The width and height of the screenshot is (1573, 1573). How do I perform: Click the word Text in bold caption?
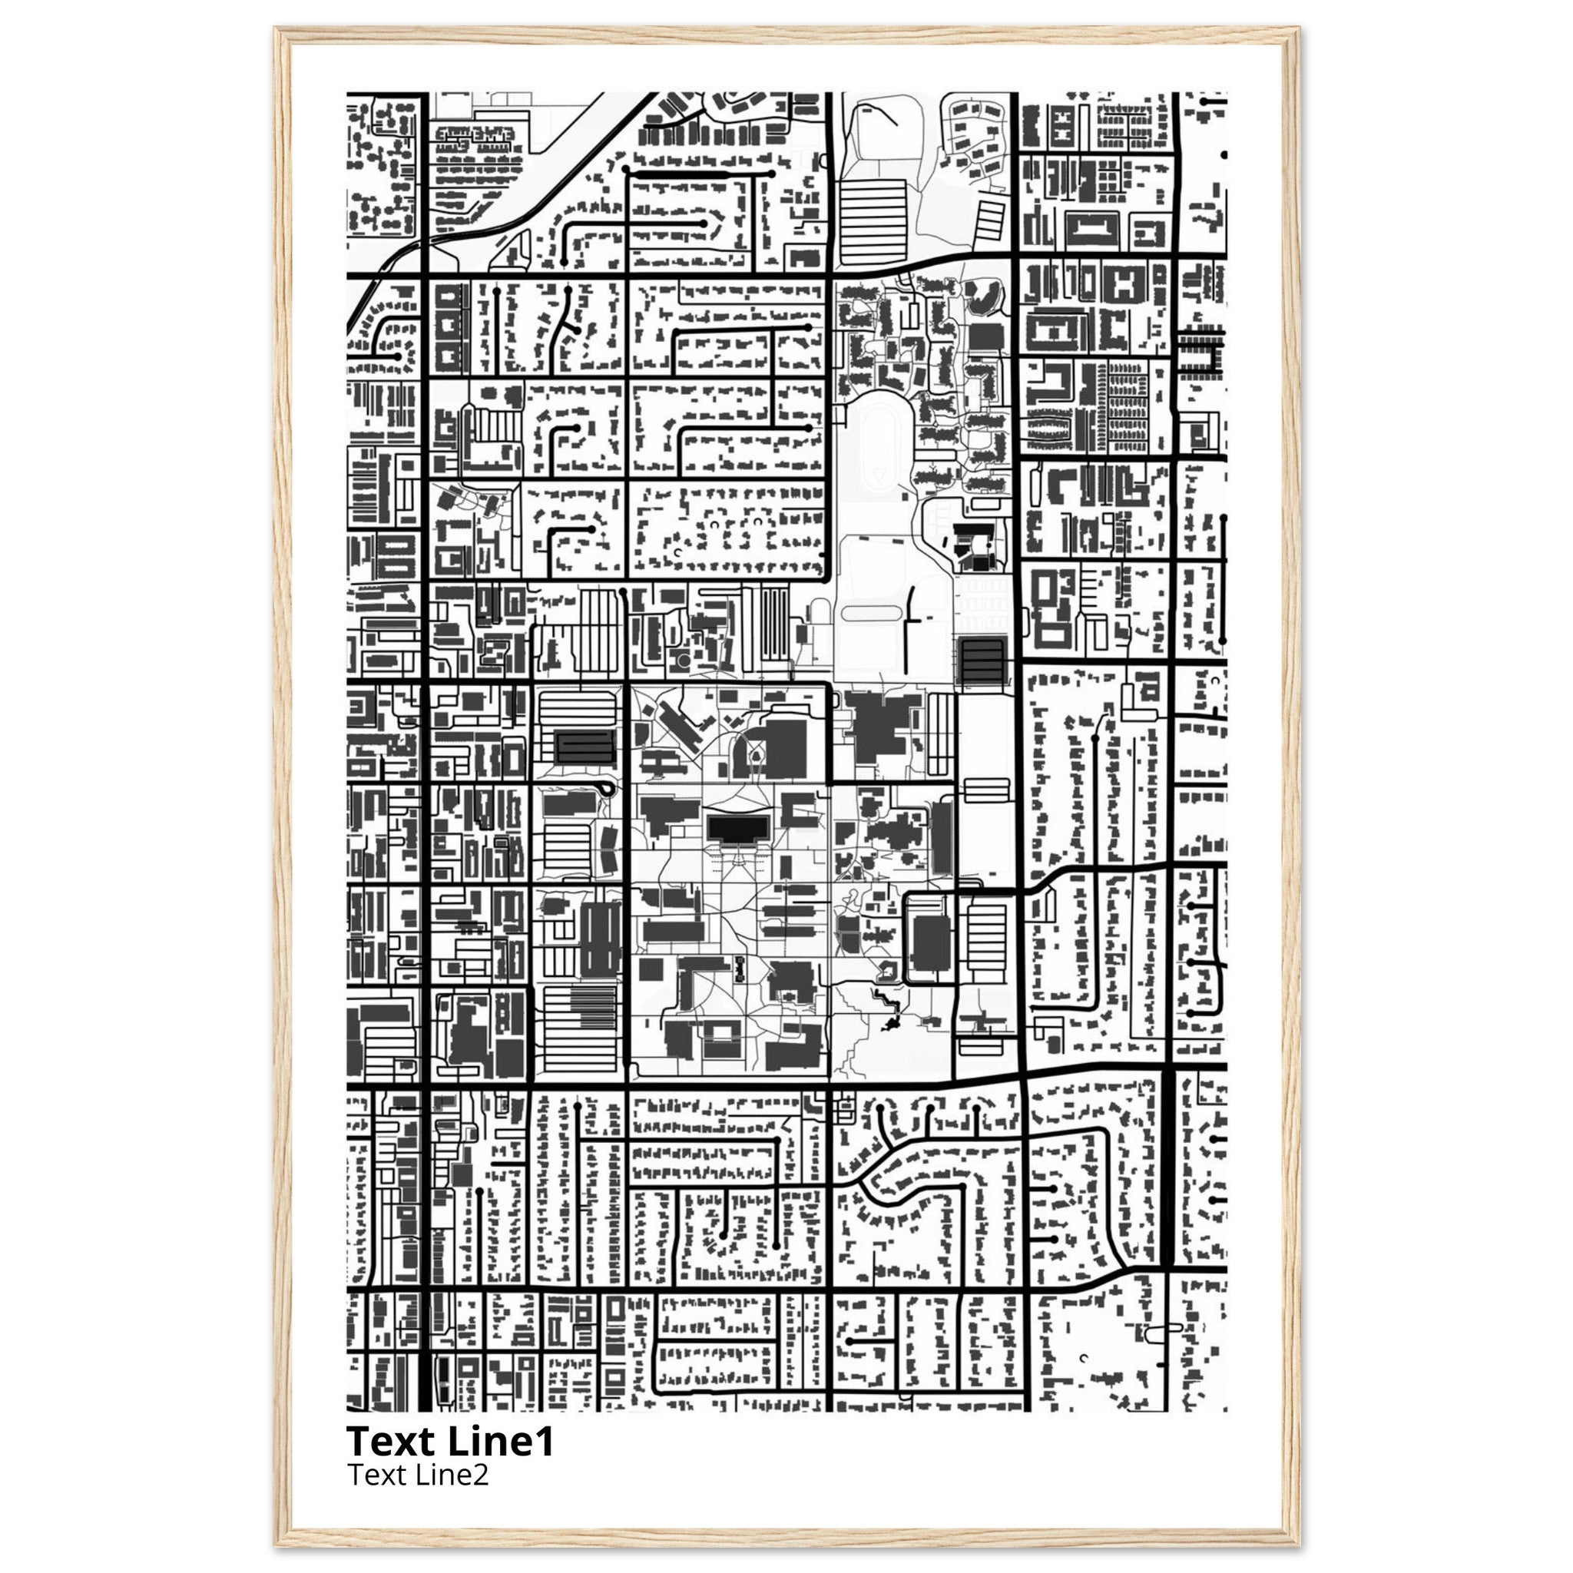pos(392,1442)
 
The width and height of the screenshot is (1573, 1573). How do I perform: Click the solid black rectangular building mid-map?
pos(737,829)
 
